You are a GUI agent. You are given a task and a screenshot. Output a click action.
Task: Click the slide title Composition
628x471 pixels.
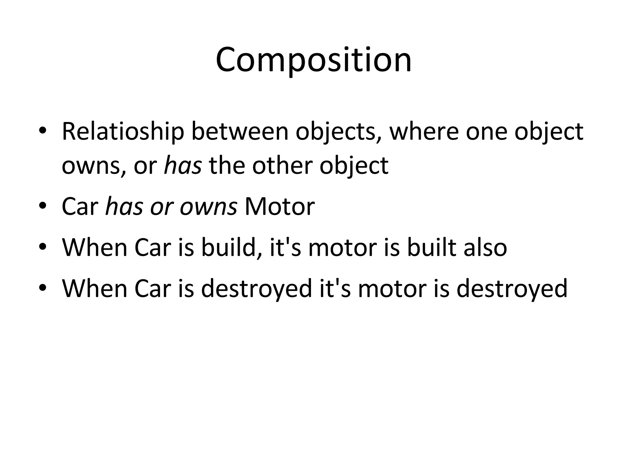tap(314, 60)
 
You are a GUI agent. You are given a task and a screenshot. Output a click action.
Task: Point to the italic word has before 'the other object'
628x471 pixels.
tap(183, 166)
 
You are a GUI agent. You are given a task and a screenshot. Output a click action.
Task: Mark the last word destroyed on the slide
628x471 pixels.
tap(511, 289)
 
